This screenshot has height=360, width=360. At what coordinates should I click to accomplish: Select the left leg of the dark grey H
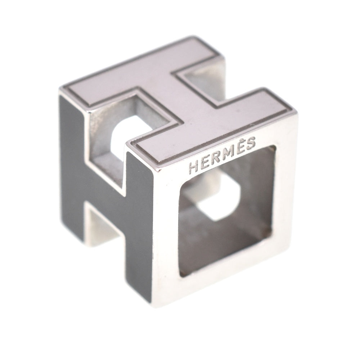click(72, 173)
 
